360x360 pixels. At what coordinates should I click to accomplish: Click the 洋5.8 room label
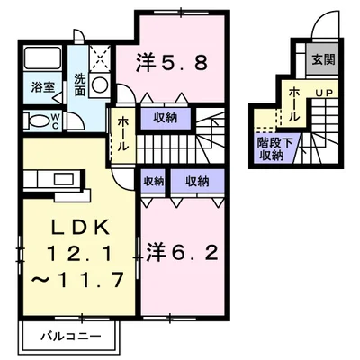pos(174,63)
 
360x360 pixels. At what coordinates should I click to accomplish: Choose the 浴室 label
pos(43,89)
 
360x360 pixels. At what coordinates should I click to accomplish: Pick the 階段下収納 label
pos(269,148)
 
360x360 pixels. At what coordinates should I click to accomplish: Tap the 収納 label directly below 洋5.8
pos(165,116)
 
